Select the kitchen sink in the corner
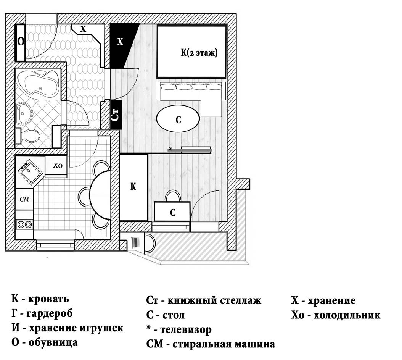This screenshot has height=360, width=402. tap(30, 172)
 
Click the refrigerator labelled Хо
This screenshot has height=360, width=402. tap(56, 166)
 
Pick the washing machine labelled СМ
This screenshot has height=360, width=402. tap(24, 199)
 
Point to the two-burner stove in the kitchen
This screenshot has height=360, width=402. tap(24, 224)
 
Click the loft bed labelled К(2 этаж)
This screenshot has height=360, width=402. tap(191, 52)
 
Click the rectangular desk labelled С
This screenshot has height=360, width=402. tap(172, 212)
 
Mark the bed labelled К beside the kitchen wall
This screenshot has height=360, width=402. tap(133, 187)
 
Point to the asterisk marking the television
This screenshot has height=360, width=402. tap(170, 148)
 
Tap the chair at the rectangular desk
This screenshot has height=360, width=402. tap(172, 195)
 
